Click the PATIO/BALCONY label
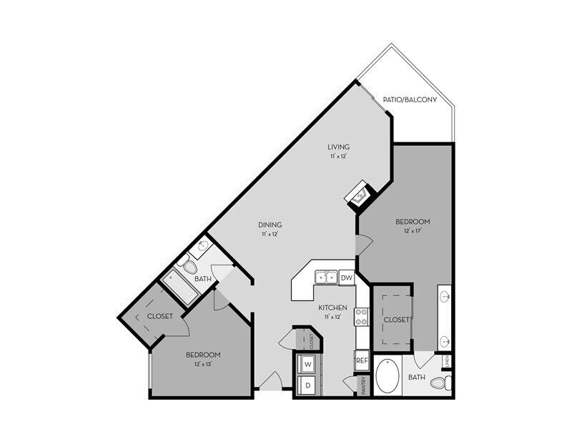point(410,100)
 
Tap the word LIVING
point(339,147)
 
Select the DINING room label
point(270,225)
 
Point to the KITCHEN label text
point(333,307)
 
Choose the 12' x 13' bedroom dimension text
point(203,364)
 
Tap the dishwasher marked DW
point(346,278)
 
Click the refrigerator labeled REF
point(363,362)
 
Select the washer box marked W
point(308,364)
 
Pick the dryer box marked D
point(308,385)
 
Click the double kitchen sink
point(328,277)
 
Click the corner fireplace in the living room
point(359,193)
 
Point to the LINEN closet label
point(447,361)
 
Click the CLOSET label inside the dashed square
point(395,320)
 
